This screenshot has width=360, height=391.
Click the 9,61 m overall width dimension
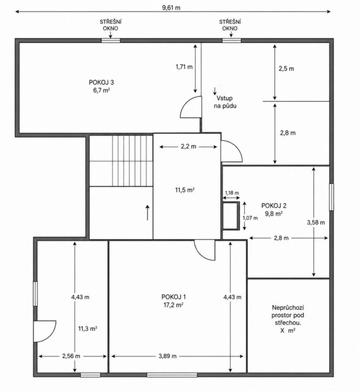(x=171, y=7)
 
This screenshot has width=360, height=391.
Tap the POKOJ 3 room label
(x=101, y=82)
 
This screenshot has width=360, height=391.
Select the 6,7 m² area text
(x=101, y=90)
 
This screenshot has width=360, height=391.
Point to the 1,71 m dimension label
(x=184, y=67)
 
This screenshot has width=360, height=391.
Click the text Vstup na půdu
(x=225, y=102)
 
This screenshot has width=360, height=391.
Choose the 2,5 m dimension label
(x=286, y=69)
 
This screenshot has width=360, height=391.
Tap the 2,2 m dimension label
(x=188, y=146)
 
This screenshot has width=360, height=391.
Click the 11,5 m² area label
(x=185, y=191)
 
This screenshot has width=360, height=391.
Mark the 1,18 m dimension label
(x=232, y=193)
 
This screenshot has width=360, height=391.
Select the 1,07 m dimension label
(x=250, y=218)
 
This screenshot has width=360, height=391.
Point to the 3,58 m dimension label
(x=316, y=223)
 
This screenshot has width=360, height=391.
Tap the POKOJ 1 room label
(x=174, y=297)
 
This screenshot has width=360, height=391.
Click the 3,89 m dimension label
(x=167, y=356)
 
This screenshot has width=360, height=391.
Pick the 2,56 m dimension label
(x=71, y=356)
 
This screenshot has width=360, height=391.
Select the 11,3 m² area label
(x=88, y=329)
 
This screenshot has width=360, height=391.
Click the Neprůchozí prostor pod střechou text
(x=288, y=315)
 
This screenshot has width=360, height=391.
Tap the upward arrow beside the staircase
(x=147, y=213)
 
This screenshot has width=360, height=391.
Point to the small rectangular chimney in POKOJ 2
(x=231, y=216)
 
